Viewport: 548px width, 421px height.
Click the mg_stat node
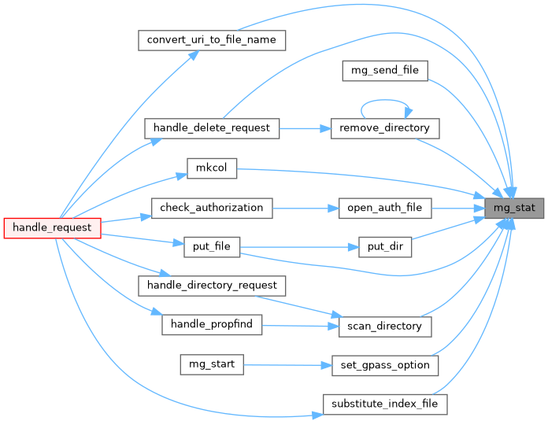tap(510, 208)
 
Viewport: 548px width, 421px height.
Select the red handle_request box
tap(53, 227)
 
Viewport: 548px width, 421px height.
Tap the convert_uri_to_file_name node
tap(211, 40)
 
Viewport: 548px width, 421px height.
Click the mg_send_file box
tap(385, 70)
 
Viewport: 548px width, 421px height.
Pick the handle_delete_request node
tap(212, 127)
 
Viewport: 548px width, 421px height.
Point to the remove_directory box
tap(383, 127)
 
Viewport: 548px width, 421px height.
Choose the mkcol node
tap(212, 168)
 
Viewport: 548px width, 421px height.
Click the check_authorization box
tap(212, 208)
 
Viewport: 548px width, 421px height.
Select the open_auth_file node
tap(385, 208)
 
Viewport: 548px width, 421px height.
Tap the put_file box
tap(211, 246)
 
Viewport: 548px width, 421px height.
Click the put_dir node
tap(385, 246)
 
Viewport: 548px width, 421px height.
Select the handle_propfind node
tap(211, 324)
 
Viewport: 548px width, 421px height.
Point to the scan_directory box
tap(385, 325)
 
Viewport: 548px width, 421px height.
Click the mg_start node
tap(211, 364)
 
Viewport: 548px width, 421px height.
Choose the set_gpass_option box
tap(385, 364)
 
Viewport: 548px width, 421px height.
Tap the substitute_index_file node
tap(385, 404)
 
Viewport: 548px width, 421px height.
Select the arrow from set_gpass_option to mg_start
tap(283, 364)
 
